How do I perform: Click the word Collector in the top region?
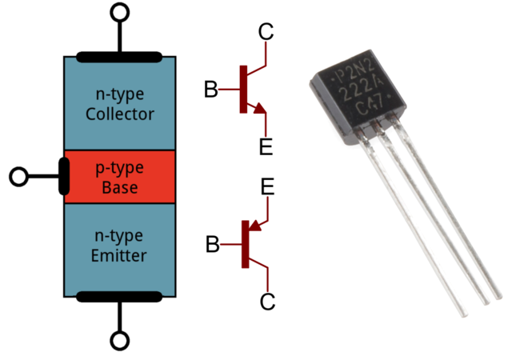tap(120, 114)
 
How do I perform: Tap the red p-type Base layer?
tap(120, 178)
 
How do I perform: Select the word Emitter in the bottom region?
tap(120, 256)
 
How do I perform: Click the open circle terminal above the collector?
tap(120, 13)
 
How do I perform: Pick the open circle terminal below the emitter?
tap(120, 342)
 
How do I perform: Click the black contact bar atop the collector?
tap(120, 57)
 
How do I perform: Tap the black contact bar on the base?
tap(65, 176)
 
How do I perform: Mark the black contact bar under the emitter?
tap(120, 298)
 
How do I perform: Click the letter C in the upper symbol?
tap(266, 33)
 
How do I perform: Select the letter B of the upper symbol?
tap(210, 90)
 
